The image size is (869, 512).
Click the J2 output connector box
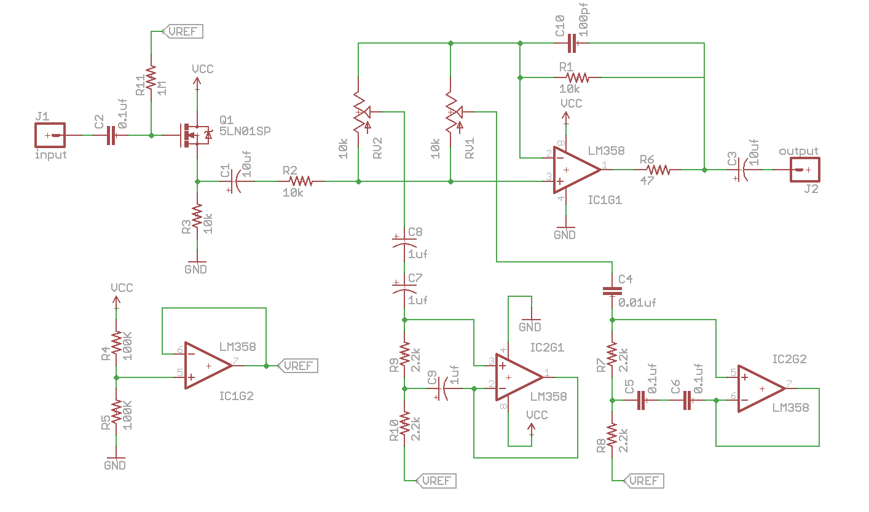(805, 170)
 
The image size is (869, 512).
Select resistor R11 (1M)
(151, 82)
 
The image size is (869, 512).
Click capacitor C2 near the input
(110, 135)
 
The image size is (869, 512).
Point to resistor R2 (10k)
(301, 181)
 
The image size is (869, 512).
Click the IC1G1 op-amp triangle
(575, 168)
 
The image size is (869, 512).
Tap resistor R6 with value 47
(656, 169)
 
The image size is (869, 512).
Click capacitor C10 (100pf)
(572, 43)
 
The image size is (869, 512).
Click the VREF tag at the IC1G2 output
(299, 366)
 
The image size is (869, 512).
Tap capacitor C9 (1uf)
(443, 388)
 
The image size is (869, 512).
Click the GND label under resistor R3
(196, 269)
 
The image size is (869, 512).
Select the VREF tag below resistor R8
(645, 480)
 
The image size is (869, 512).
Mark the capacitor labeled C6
(687, 401)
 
